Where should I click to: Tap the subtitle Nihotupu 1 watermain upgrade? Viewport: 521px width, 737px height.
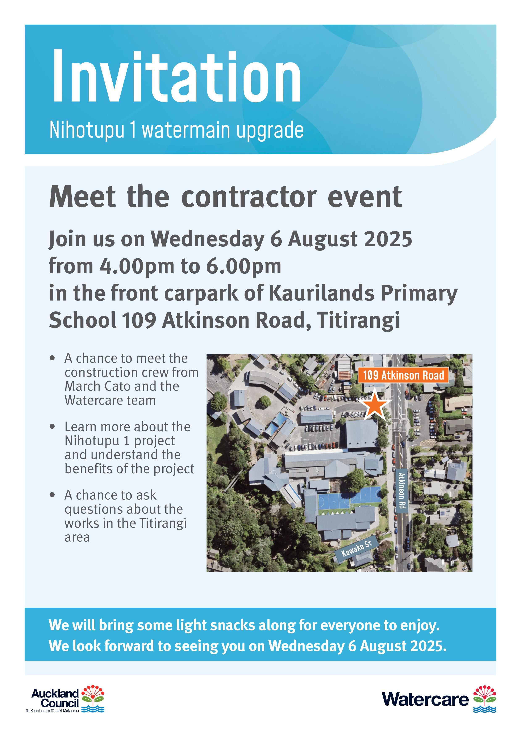[x=176, y=130]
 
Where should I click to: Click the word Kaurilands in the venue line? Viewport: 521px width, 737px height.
[x=321, y=293]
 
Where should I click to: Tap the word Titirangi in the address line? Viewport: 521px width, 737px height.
[x=358, y=320]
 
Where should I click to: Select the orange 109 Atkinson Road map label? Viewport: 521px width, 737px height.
[x=403, y=375]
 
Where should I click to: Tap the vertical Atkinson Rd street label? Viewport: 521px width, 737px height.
[x=401, y=490]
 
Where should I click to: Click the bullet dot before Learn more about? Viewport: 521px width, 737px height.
[x=53, y=427]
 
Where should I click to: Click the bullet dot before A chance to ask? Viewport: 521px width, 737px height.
[x=53, y=495]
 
